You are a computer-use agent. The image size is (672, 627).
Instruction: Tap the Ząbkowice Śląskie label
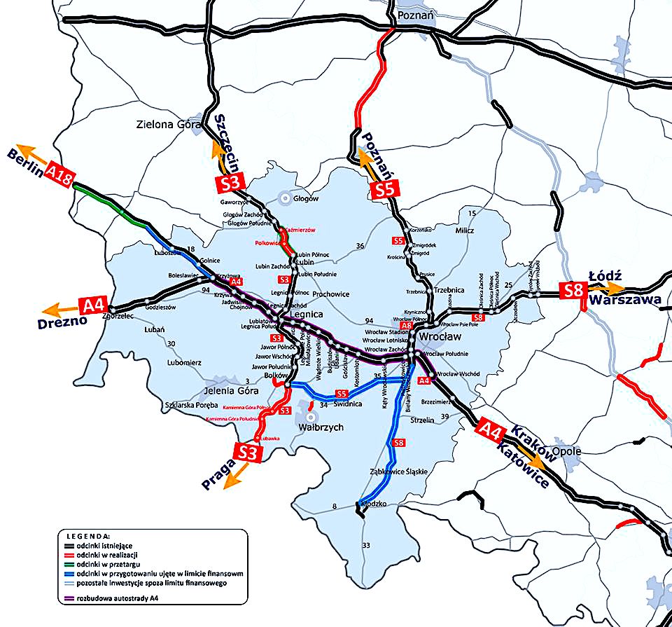(x=398, y=472)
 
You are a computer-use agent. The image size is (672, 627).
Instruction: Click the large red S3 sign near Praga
(x=249, y=452)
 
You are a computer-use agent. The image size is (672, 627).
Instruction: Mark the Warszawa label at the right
(x=625, y=300)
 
